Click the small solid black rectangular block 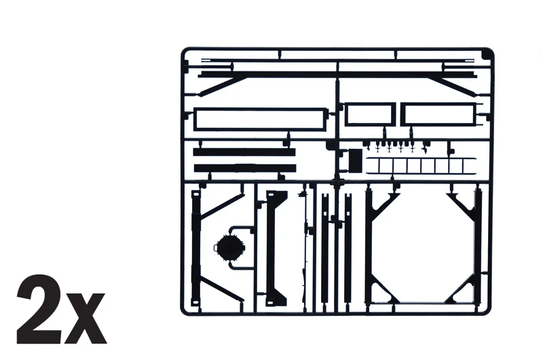(356, 160)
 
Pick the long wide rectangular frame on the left (259, 120)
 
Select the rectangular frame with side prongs (436, 114)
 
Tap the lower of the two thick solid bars (244, 168)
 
